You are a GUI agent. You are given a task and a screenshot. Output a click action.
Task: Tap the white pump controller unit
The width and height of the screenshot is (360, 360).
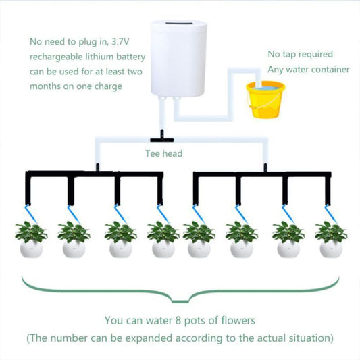point(176,61)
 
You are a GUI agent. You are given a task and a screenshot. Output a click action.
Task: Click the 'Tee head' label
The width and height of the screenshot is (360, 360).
point(163,153)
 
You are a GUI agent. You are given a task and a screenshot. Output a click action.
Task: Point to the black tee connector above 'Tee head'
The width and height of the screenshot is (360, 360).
point(162,137)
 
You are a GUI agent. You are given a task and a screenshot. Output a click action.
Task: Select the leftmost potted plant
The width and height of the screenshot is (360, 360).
point(31,240)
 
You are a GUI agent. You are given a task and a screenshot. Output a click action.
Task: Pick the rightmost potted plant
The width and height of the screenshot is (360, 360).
point(331,240)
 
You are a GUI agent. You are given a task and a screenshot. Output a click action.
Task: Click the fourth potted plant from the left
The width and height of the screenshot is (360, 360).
point(163,240)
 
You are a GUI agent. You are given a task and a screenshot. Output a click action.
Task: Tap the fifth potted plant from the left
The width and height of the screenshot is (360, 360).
point(199,240)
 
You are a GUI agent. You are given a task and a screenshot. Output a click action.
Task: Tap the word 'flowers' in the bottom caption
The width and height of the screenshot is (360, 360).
point(236,320)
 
